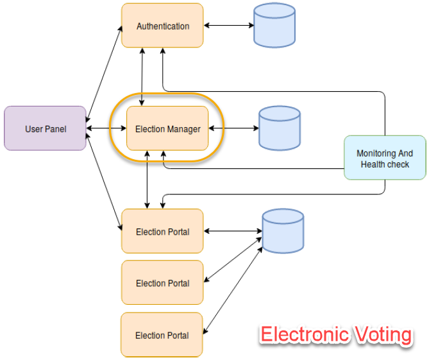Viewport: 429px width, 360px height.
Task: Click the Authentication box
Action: coord(162,26)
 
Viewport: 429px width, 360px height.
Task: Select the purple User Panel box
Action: coord(45,128)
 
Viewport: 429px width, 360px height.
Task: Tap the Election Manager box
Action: coord(167,128)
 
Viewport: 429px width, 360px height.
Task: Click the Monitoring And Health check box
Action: coord(385,158)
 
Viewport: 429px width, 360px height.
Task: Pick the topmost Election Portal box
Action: coord(162,231)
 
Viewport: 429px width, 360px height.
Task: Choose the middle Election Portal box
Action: coord(162,282)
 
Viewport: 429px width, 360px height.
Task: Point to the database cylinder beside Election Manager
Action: coord(279,128)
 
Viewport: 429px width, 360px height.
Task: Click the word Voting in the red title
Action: coord(382,335)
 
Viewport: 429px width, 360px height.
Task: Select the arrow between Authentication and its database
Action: coord(228,26)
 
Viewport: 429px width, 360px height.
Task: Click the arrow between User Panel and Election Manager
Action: coord(106,128)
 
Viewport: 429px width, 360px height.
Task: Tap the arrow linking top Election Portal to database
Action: coord(233,231)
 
